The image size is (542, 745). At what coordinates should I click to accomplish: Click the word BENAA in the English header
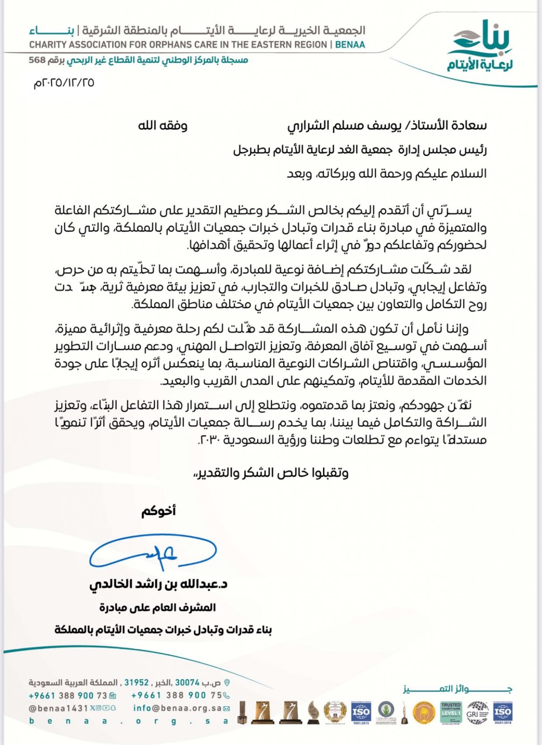[350, 45]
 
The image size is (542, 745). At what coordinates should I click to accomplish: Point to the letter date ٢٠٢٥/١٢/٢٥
[64, 83]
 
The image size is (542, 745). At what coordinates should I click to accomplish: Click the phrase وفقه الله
[163, 125]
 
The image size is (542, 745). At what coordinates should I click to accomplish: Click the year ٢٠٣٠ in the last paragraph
[210, 440]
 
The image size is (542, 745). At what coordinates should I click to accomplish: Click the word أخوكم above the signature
[159, 511]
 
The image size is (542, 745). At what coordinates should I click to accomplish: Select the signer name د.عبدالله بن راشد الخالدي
[159, 584]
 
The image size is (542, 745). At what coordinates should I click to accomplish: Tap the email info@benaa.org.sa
[177, 708]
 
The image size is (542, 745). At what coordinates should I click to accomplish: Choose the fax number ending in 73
[68, 695]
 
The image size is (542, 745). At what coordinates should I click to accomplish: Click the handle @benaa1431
[58, 708]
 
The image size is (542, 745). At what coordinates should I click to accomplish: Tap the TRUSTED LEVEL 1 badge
[451, 712]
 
